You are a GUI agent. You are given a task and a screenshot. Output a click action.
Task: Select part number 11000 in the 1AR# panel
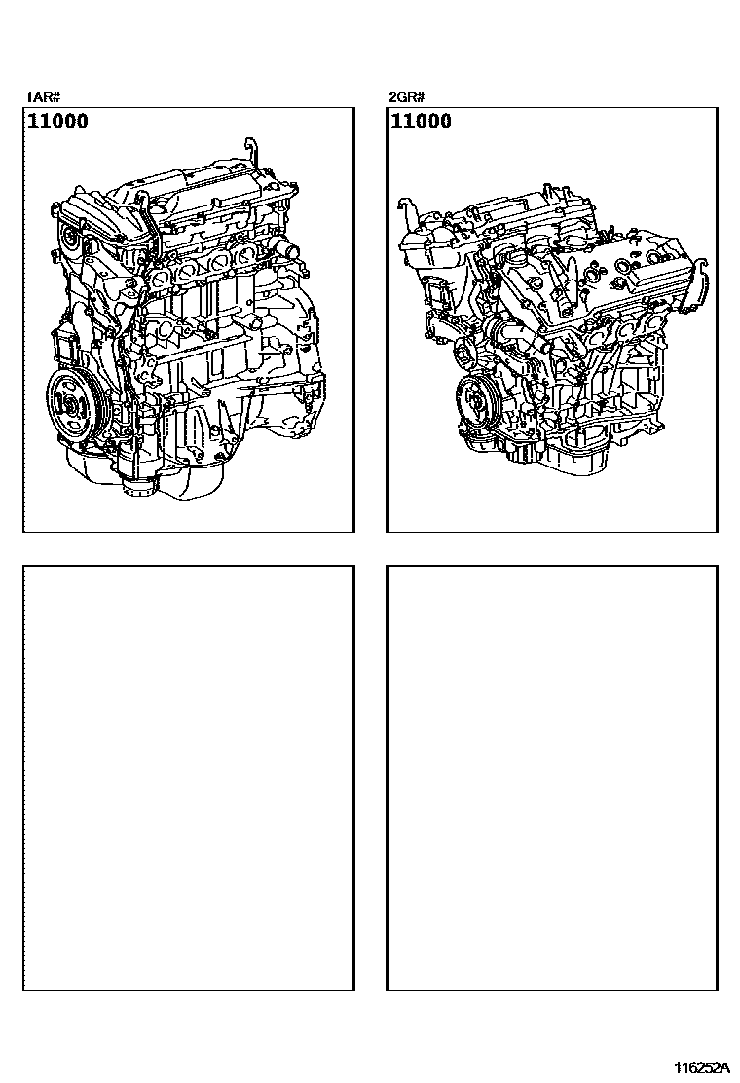click(57, 122)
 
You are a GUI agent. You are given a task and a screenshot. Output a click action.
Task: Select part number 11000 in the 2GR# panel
click(421, 122)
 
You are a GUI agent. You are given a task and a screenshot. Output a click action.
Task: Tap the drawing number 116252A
click(696, 1068)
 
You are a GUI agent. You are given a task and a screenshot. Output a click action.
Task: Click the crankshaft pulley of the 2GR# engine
click(478, 399)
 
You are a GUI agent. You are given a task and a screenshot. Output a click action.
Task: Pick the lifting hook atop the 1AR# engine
click(255, 152)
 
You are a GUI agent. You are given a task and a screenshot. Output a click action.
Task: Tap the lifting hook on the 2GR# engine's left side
click(405, 208)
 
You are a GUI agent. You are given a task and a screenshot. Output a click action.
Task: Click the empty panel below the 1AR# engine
click(188, 778)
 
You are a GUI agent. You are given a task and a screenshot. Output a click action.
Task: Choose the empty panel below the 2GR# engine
click(552, 778)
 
